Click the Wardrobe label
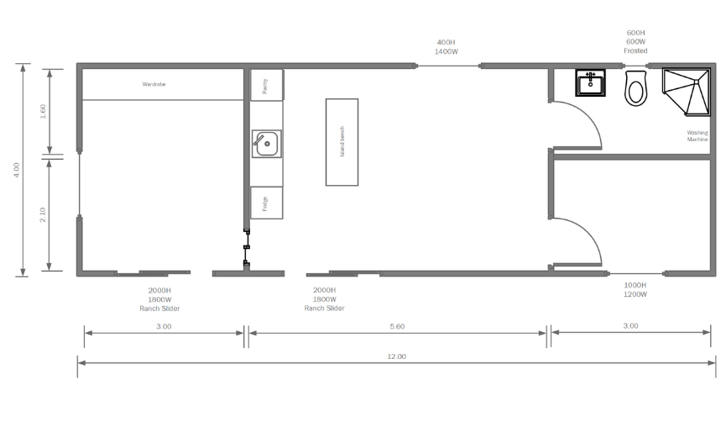click(154, 84)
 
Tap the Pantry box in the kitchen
click(267, 85)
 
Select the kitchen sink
click(267, 144)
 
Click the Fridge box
click(267, 203)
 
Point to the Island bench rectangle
click(342, 142)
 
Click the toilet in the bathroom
click(635, 88)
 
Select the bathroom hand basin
click(590, 83)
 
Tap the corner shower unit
click(687, 92)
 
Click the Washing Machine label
click(697, 136)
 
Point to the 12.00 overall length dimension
click(396, 356)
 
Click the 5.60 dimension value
click(397, 326)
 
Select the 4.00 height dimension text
click(17, 170)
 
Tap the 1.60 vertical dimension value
click(43, 111)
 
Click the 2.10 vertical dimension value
click(43, 214)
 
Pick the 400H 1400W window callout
click(446, 47)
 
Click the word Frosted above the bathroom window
click(635, 50)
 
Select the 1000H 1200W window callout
click(635, 290)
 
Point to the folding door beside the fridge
click(247, 247)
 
